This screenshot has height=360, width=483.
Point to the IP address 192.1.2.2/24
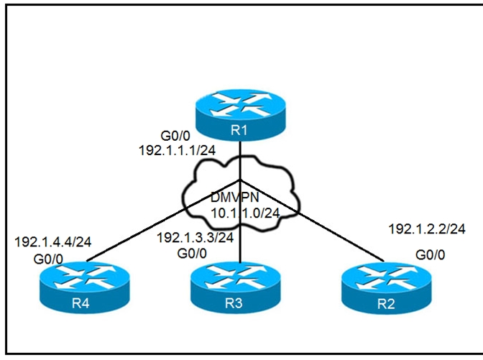[427, 230]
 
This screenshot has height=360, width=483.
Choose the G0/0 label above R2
[429, 254]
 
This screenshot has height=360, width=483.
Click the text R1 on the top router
[239, 131]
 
